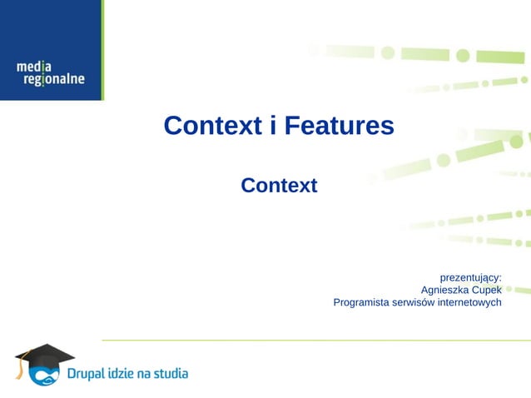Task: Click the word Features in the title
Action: [339, 126]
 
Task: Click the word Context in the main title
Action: [213, 126]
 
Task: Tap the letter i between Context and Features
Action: [273, 126]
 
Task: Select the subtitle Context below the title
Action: [279, 186]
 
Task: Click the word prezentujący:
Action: [470, 276]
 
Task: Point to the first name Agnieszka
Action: [447, 290]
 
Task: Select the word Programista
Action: [362, 302]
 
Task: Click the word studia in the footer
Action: [171, 374]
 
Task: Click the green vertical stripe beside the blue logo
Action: [102, 50]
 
